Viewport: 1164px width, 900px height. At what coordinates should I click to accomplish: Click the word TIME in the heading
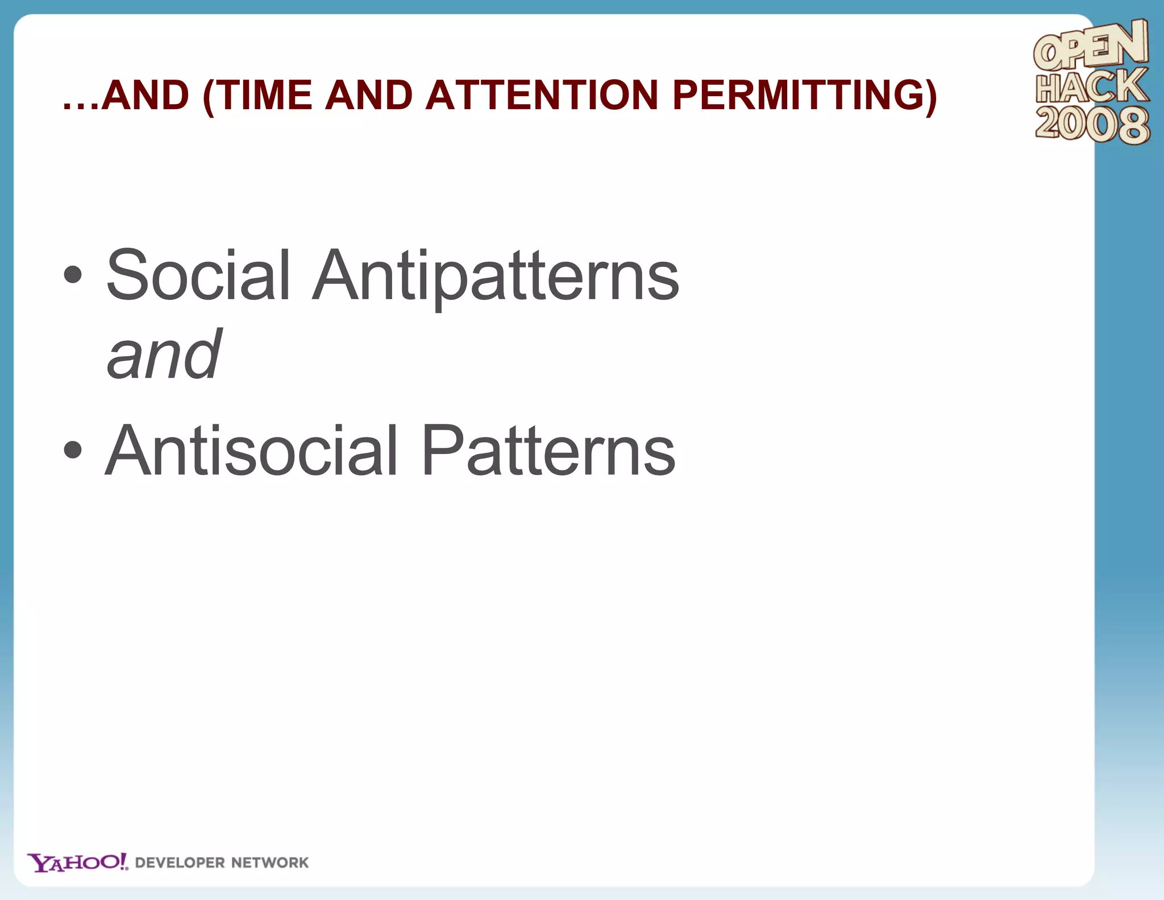[264, 95]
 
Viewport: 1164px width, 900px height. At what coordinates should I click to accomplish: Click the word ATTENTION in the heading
[542, 95]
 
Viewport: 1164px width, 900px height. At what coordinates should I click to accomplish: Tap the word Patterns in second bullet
[548, 451]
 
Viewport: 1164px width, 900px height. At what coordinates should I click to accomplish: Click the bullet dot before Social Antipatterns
[73, 275]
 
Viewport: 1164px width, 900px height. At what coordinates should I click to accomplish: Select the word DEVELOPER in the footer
[180, 863]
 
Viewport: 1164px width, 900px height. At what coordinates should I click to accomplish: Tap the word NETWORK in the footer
[270, 863]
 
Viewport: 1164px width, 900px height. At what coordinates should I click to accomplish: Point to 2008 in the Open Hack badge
[1091, 125]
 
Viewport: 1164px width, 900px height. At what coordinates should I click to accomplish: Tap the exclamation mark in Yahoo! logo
[124, 861]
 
